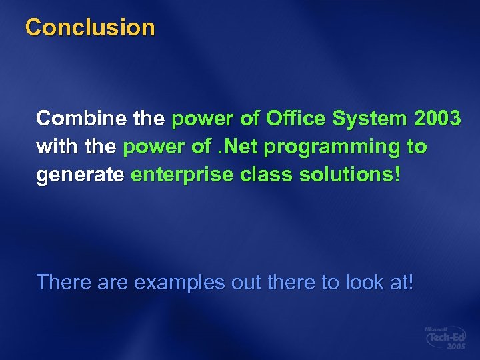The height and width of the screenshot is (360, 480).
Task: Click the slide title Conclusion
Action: point(89,27)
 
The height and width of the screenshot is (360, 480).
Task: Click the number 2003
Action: point(437,119)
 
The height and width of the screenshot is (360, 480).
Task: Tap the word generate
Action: point(80,176)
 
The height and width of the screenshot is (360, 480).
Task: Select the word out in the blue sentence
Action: point(246,282)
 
